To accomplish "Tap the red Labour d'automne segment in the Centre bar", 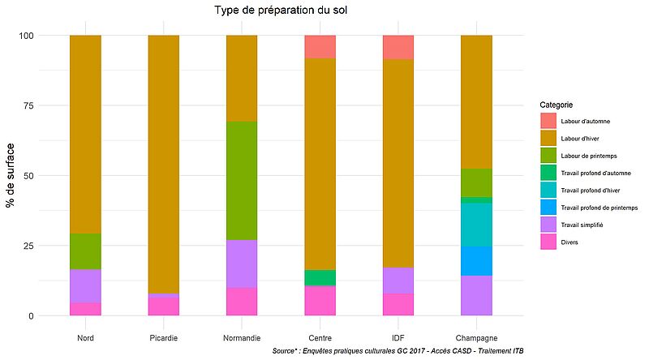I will coord(320,46).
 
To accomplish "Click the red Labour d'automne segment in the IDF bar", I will coord(398,47).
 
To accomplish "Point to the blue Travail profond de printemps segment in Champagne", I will coord(476,261).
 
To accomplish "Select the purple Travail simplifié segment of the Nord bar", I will coord(85,286).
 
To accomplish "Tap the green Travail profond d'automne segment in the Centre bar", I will coord(320,277).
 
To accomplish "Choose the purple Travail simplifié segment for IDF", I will coord(398,281).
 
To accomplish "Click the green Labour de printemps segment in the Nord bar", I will coord(85,251).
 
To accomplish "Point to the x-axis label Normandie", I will coord(242,337).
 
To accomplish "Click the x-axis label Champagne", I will coord(476,337).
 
